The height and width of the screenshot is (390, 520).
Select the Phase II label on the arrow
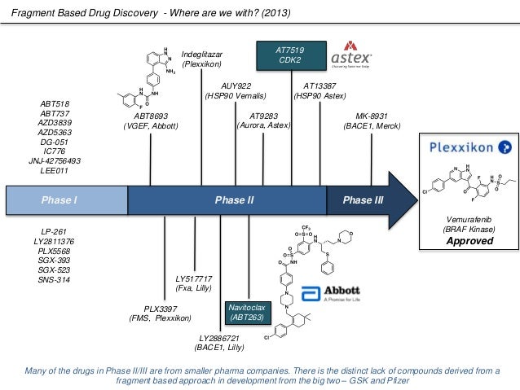[234, 199]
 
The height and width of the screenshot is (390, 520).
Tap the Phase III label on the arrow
[363, 199]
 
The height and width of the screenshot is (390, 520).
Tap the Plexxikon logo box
[470, 147]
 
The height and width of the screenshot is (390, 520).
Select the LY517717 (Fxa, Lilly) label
[195, 283]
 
